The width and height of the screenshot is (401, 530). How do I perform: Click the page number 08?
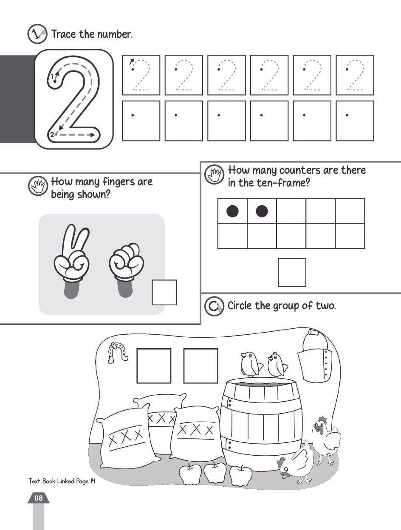point(39,498)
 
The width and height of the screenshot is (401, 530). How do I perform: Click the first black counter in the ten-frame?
point(232,211)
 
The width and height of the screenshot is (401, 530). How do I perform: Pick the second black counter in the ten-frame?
point(262,211)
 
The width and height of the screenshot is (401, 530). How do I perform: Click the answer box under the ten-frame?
point(292,272)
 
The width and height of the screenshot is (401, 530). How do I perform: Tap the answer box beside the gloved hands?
point(164,293)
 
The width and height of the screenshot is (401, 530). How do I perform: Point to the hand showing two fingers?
point(72,261)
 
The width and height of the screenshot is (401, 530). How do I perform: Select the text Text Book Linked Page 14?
point(62,481)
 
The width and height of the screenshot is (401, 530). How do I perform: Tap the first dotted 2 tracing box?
point(141,75)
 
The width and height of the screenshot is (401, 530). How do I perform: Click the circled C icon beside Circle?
point(214,306)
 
